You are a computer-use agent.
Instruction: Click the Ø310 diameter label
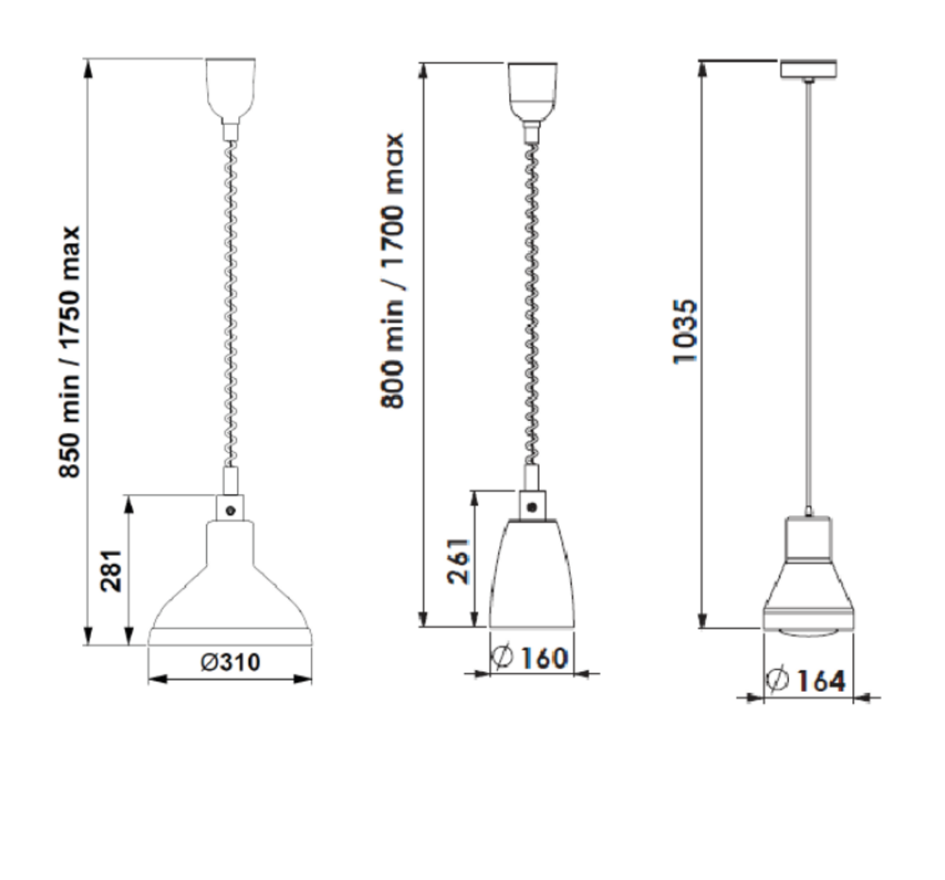[x=231, y=663]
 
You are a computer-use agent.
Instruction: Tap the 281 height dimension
[x=112, y=570]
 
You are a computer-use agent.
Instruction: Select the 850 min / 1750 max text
[x=69, y=352]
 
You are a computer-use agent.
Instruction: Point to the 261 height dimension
[x=458, y=561]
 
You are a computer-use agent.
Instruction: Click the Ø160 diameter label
[x=530, y=657]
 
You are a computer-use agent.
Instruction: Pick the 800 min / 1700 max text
[x=392, y=270]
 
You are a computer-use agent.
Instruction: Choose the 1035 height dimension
[x=685, y=331]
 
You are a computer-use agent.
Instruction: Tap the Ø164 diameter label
[x=806, y=681]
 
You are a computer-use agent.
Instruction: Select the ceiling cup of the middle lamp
[x=532, y=92]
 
